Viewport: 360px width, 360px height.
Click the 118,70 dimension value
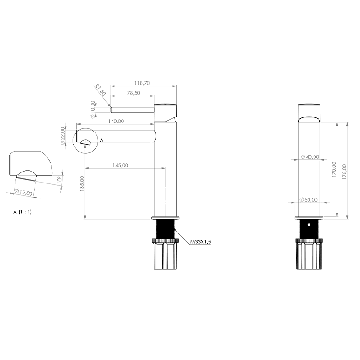142,83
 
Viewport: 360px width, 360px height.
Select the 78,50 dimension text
134,93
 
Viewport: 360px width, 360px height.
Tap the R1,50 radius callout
101,90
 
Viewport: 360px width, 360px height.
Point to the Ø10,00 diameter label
93,110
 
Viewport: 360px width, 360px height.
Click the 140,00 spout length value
116,121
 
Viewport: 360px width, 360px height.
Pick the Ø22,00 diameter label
62,136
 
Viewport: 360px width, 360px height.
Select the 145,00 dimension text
120,165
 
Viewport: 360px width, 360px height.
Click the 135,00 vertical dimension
82,183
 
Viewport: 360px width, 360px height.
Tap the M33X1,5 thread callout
200,242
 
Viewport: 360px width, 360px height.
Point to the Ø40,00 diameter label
310,157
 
